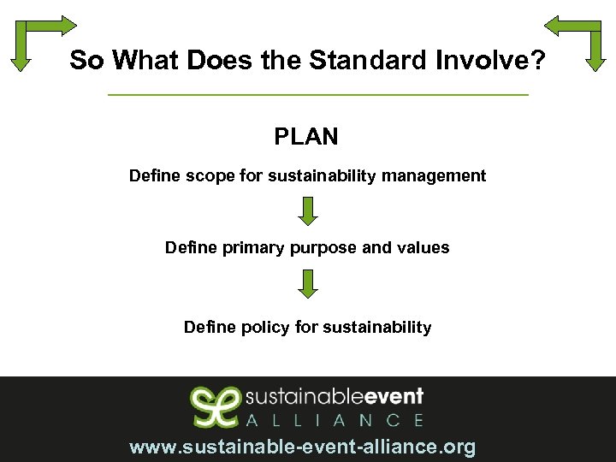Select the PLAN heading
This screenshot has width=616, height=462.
(306, 136)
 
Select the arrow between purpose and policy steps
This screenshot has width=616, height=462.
(308, 283)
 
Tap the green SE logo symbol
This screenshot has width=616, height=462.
(214, 406)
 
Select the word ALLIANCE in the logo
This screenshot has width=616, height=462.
(335, 420)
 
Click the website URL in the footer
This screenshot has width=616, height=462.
(302, 447)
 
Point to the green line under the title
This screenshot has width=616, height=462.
(318, 94)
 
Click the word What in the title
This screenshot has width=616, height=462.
(147, 60)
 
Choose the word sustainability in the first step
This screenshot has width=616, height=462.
(323, 176)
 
